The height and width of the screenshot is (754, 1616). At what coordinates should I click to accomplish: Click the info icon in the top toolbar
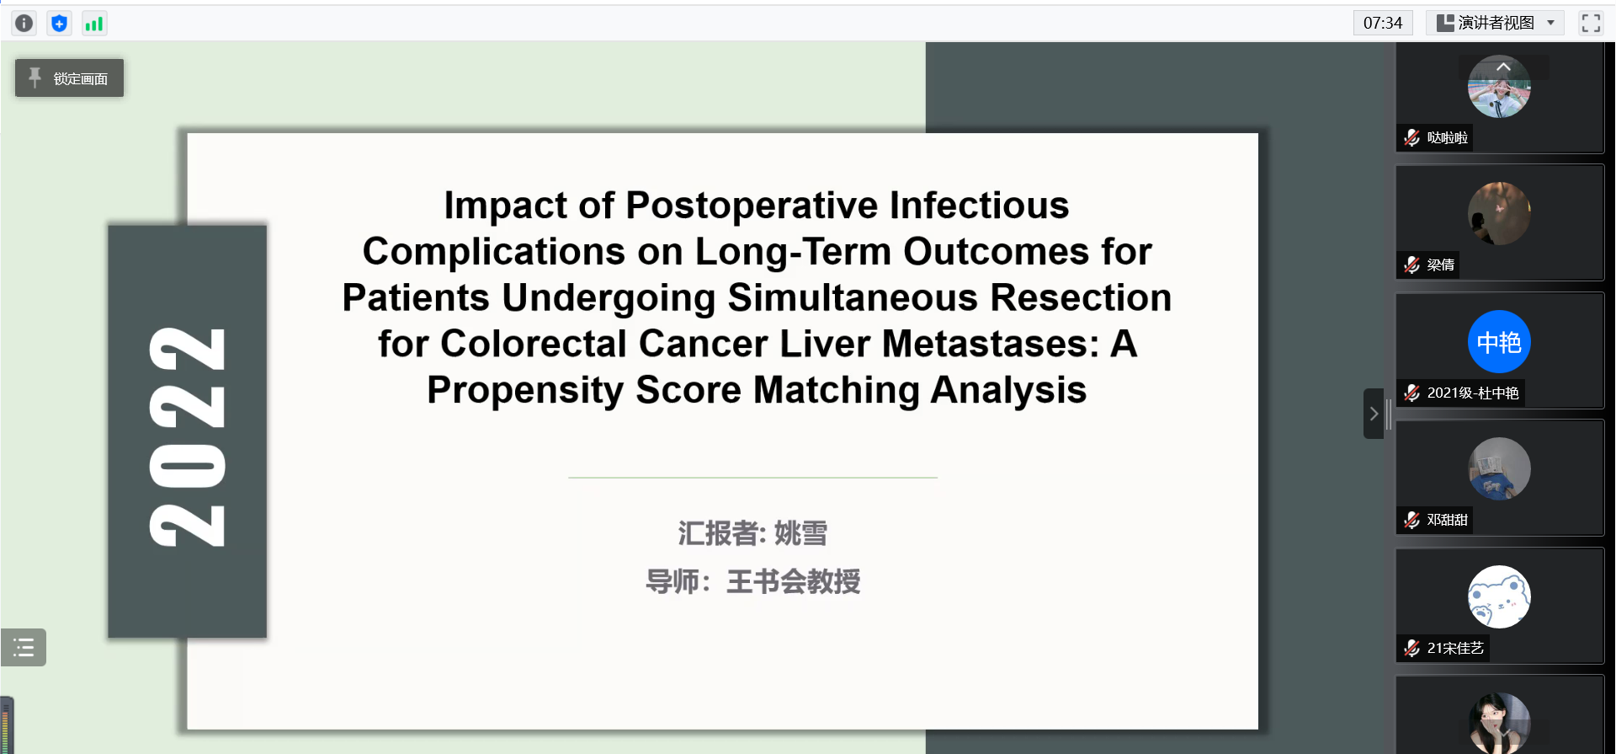(24, 24)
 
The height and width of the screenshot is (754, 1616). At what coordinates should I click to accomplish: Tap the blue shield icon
(59, 24)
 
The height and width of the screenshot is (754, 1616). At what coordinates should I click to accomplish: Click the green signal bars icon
(93, 24)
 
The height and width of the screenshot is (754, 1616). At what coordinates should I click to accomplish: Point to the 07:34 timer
(1383, 23)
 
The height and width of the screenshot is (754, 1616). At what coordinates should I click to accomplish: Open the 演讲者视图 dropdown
(1495, 23)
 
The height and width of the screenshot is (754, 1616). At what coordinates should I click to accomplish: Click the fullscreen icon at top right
(1591, 23)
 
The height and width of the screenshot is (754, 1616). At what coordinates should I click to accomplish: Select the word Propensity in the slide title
(525, 391)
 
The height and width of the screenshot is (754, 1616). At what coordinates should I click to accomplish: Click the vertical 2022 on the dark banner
(187, 436)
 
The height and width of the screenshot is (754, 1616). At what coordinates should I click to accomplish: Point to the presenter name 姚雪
(800, 533)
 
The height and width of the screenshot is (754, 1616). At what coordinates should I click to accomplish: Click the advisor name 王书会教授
(793, 581)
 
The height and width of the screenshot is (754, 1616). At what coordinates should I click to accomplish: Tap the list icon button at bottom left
(24, 647)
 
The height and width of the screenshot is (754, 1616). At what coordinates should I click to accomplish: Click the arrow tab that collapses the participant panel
(1374, 414)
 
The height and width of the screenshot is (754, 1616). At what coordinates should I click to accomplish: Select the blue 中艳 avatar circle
(1499, 342)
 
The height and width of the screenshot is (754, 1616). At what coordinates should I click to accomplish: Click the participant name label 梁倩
(1440, 265)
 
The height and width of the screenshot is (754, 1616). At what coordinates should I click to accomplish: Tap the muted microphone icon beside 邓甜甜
(1411, 520)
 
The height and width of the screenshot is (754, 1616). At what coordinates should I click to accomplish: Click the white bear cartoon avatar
(1499, 596)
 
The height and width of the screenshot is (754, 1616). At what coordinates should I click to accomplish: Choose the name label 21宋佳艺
(1455, 648)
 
